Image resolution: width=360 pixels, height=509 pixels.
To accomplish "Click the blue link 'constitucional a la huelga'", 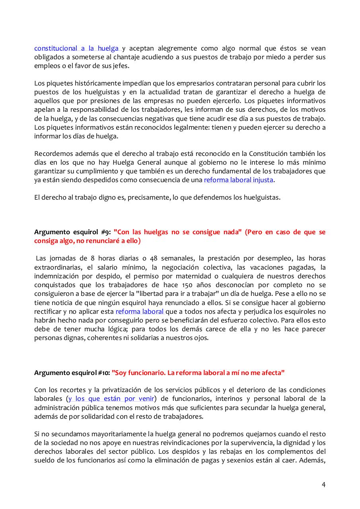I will coord(76,49).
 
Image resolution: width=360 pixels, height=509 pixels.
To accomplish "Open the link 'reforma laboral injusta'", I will coord(239,180).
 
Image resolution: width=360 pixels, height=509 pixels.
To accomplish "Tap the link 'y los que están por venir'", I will coord(111,399).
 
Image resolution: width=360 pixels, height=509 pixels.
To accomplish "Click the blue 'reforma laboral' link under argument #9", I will coord(139,311).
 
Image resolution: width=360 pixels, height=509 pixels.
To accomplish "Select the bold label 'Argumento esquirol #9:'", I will coord(72,232).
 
